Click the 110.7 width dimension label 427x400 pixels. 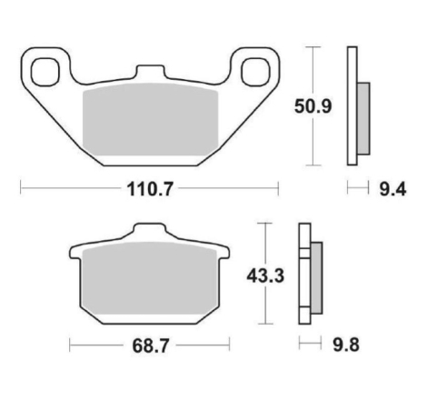point(150,189)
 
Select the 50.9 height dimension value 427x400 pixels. point(313,106)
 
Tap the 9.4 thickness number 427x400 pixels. point(392,190)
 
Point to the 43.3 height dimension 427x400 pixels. point(265,276)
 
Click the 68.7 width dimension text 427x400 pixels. point(150,345)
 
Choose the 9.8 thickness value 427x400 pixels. point(346,345)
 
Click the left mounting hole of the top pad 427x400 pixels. point(45,72)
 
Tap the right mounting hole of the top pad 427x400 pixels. point(255,72)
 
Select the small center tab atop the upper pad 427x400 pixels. point(150,72)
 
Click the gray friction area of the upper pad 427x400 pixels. point(150,119)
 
